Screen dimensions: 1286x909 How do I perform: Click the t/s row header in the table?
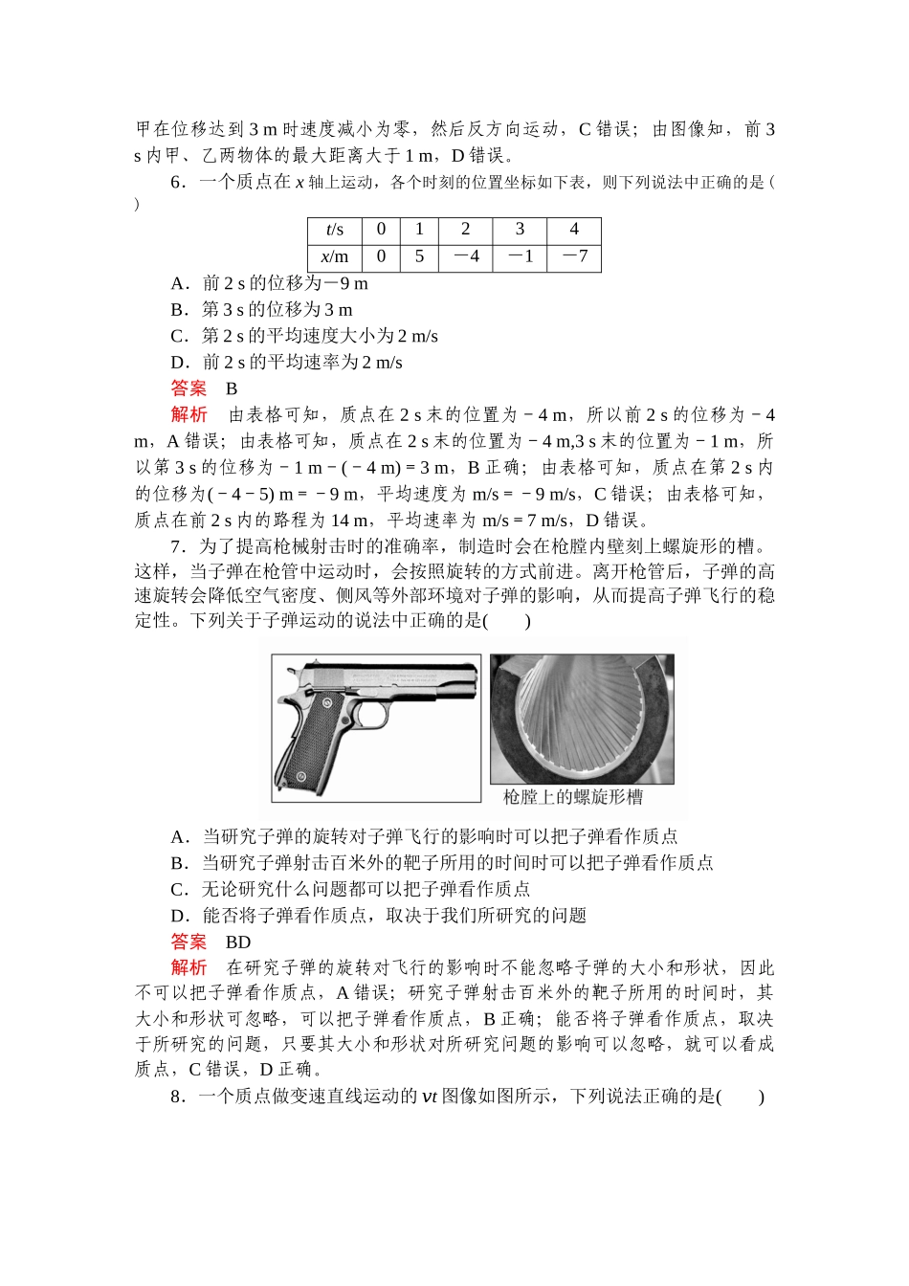(x=334, y=230)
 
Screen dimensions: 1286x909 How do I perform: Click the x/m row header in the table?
(x=334, y=256)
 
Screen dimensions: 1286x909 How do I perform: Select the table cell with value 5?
(x=419, y=256)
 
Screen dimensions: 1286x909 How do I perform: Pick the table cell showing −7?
(x=574, y=256)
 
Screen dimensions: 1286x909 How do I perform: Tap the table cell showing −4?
(x=465, y=256)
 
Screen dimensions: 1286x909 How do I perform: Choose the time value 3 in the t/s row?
(x=520, y=230)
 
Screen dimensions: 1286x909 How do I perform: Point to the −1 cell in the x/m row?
(x=520, y=256)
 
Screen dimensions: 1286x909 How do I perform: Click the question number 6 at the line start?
(x=176, y=183)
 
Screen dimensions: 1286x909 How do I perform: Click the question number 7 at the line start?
(x=176, y=547)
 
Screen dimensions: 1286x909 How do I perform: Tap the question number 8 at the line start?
(x=176, y=1097)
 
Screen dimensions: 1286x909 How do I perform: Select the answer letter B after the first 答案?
(x=232, y=388)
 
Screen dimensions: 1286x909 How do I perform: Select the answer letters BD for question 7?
(x=237, y=942)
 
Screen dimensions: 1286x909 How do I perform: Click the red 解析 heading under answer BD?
(x=188, y=968)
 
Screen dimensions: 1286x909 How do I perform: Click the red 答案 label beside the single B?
(x=188, y=388)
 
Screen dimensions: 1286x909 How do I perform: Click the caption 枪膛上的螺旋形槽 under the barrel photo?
(x=573, y=797)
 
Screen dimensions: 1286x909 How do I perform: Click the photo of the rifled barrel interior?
(x=582, y=718)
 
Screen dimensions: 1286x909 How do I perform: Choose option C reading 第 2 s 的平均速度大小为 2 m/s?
(x=304, y=336)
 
